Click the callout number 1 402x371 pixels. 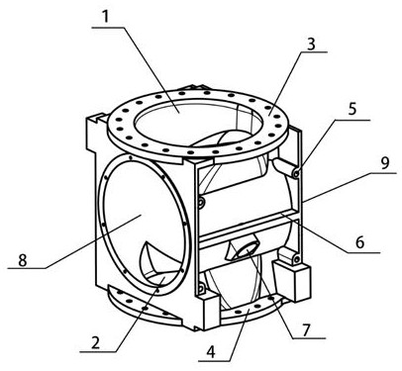[x=105, y=17]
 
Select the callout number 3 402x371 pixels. [x=311, y=45]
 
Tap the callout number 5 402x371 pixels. [x=352, y=109]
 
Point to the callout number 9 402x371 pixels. [x=385, y=163]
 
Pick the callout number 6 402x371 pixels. [x=359, y=242]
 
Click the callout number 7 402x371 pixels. [x=306, y=330]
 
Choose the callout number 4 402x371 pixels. [x=211, y=352]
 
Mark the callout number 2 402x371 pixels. [x=95, y=343]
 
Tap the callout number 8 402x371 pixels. [x=22, y=260]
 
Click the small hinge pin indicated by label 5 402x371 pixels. [x=296, y=173]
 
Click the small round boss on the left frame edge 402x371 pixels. [x=200, y=204]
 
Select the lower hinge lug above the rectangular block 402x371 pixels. [x=290, y=256]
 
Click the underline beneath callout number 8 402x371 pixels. [x=27, y=268]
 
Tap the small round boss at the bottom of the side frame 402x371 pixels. [x=200, y=289]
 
